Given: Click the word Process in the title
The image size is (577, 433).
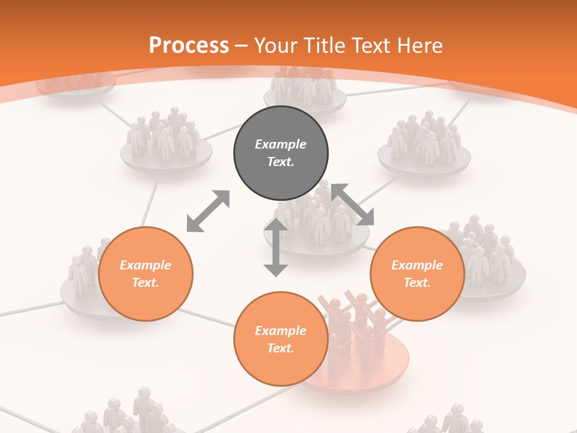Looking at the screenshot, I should pyautogui.click(x=189, y=45).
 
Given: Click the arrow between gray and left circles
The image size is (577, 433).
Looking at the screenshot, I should pyautogui.click(x=208, y=211).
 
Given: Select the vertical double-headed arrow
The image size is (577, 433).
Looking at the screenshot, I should pyautogui.click(x=276, y=247).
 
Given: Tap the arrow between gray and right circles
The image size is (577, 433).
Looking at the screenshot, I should pyautogui.click(x=353, y=204).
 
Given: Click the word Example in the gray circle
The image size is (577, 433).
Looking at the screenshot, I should pyautogui.click(x=281, y=144).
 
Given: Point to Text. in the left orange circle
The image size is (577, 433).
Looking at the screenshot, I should pyautogui.click(x=145, y=283).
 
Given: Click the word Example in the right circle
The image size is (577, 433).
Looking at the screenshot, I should pyautogui.click(x=417, y=265).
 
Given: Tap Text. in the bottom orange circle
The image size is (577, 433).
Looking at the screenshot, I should pyautogui.click(x=281, y=348).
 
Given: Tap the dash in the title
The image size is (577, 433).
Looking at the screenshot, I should pyautogui.click(x=242, y=46).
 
